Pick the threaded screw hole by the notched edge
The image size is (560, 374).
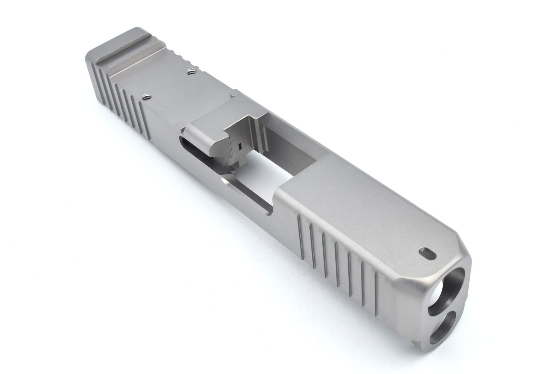point(191,72)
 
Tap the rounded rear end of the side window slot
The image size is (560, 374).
point(182,140)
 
